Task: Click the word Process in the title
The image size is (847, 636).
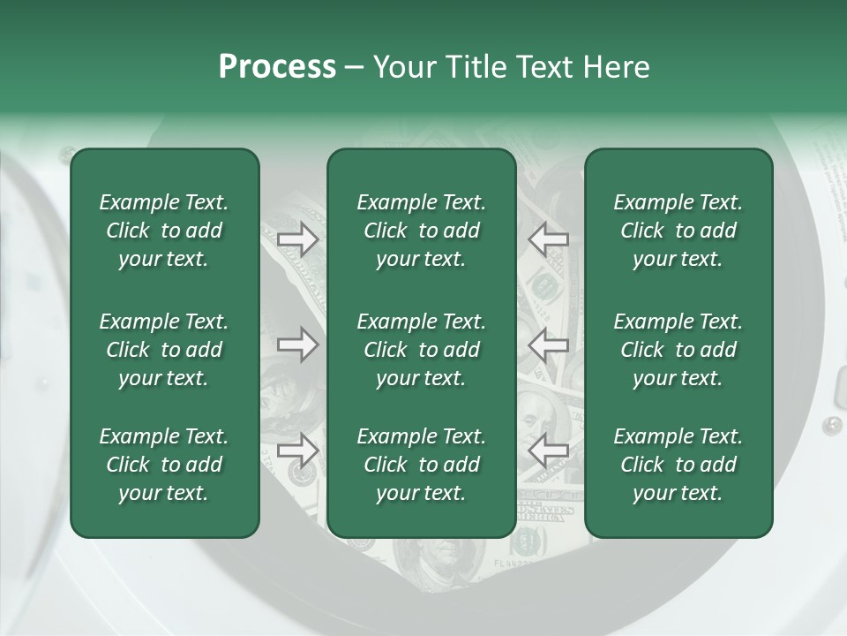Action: pyautogui.click(x=277, y=66)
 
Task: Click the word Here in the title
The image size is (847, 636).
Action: pyautogui.click(x=617, y=66)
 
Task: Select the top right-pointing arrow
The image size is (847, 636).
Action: pyautogui.click(x=298, y=238)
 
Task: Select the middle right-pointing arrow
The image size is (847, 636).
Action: pyautogui.click(x=298, y=344)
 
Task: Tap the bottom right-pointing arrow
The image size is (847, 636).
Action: pyautogui.click(x=298, y=450)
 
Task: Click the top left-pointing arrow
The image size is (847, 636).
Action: pyautogui.click(x=548, y=238)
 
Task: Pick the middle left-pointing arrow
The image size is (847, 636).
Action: pyautogui.click(x=548, y=344)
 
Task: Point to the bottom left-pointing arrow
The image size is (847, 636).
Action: pyautogui.click(x=548, y=450)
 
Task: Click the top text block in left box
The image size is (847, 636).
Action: pyautogui.click(x=164, y=231)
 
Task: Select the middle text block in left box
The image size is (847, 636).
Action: pyautogui.click(x=164, y=350)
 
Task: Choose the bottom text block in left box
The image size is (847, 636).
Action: pyautogui.click(x=164, y=465)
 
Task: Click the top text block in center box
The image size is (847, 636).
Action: pyautogui.click(x=422, y=231)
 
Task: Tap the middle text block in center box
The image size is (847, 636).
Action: pyautogui.click(x=422, y=350)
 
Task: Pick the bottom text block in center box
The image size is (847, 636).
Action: pyautogui.click(x=422, y=465)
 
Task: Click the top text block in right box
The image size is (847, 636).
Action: pyautogui.click(x=678, y=231)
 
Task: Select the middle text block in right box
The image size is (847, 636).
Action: pyautogui.click(x=678, y=350)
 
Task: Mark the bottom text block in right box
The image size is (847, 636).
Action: pyautogui.click(x=678, y=465)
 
